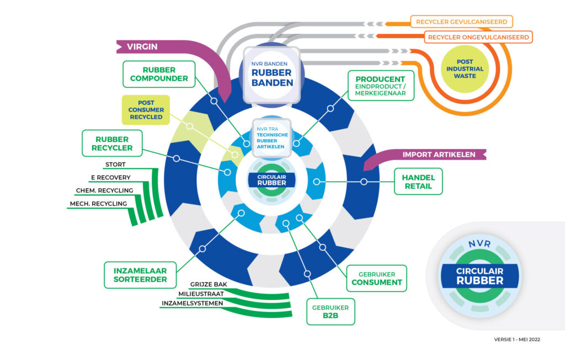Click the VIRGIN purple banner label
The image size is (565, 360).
click(142, 47)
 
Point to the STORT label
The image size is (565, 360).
click(115, 165)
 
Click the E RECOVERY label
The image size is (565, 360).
click(110, 177)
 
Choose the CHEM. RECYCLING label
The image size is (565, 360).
click(104, 190)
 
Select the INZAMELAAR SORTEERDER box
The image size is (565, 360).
click(140, 274)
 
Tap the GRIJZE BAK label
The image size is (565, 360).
click(208, 284)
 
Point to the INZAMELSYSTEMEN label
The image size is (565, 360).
click(193, 303)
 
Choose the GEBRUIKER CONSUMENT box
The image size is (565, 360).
click(376, 278)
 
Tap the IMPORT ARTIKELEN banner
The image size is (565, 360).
click(439, 155)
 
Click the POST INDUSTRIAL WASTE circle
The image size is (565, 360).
click(468, 69)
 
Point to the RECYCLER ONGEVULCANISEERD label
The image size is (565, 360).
click(477, 38)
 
